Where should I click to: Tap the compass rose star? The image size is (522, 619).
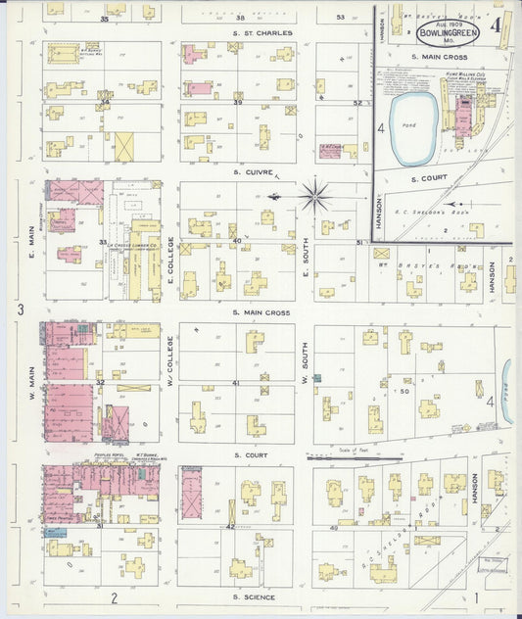(x=315, y=196)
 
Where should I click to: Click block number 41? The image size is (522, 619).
(x=235, y=383)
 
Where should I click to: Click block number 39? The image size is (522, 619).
(x=237, y=102)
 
